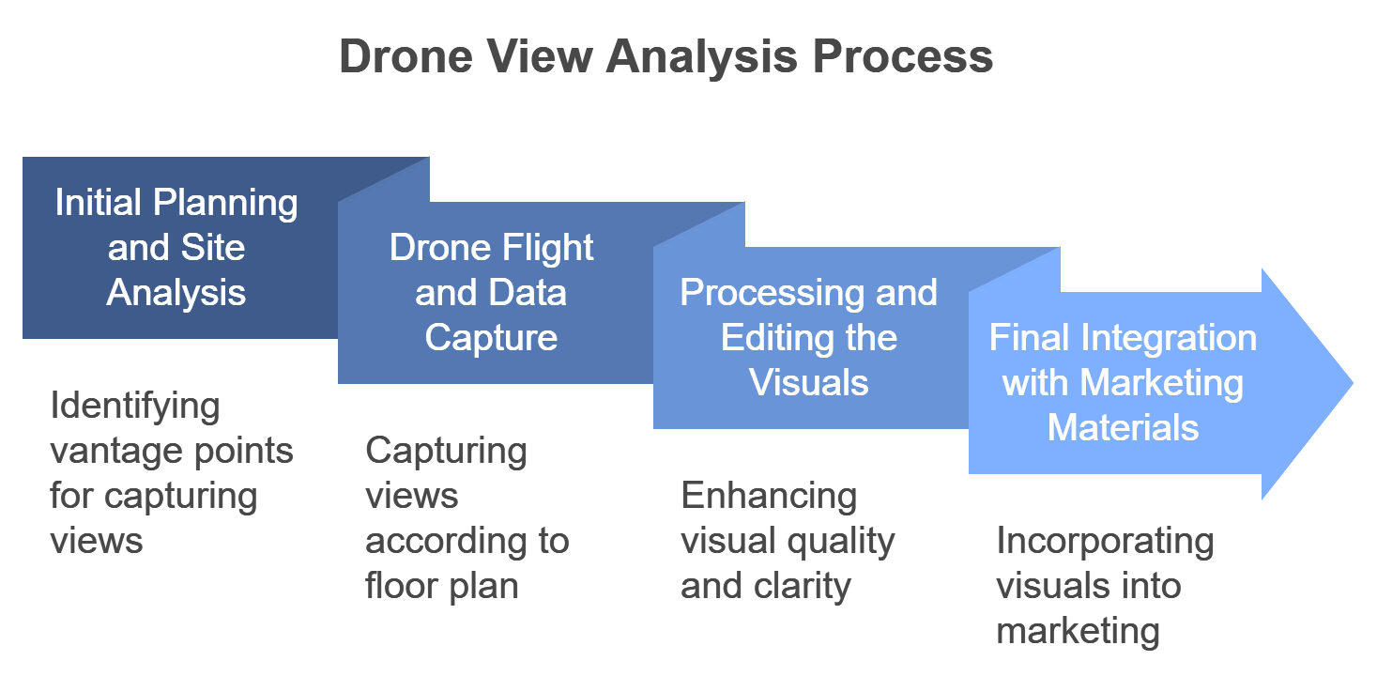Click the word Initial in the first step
coord(98,203)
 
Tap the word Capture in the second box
coord(491,338)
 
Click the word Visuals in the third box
coord(809,383)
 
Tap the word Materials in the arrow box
coord(1123,428)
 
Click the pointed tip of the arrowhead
coord(1352,383)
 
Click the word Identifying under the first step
coord(135,407)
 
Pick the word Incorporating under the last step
coord(1105,542)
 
